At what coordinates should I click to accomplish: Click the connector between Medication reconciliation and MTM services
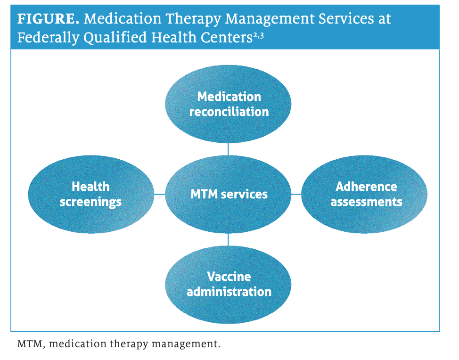(x=229, y=149)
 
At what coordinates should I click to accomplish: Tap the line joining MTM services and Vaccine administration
(x=229, y=239)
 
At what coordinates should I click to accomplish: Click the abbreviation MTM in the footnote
(x=30, y=344)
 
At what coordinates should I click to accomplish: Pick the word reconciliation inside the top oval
(x=229, y=112)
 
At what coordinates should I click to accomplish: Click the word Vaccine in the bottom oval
(x=229, y=277)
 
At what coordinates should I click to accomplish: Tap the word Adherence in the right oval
(x=366, y=187)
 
